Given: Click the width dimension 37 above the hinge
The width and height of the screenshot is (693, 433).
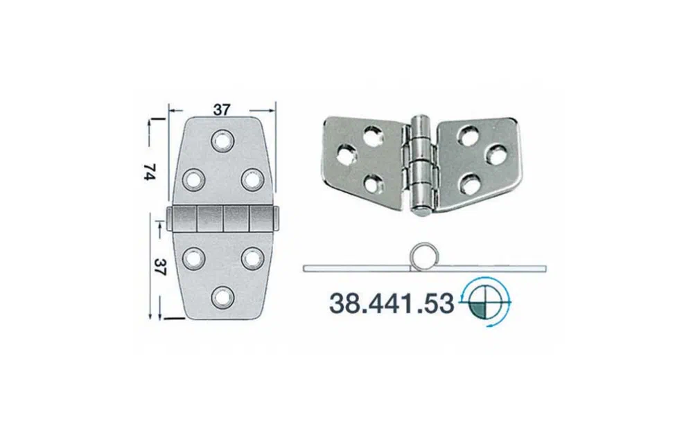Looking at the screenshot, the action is [x=222, y=109].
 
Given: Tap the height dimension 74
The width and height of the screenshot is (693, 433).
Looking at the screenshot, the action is [x=150, y=171].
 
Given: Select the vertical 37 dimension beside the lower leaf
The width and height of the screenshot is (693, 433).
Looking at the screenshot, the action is [x=161, y=267].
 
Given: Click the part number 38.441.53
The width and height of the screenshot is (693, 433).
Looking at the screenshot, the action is [x=392, y=304].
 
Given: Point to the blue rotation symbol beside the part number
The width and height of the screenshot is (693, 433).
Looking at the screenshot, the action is [x=485, y=303].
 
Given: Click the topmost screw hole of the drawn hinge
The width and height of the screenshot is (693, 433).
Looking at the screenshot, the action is [x=222, y=141].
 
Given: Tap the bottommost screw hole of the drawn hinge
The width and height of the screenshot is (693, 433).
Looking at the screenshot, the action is [x=222, y=298].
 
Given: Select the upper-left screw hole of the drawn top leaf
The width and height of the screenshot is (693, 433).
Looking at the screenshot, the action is [x=193, y=180].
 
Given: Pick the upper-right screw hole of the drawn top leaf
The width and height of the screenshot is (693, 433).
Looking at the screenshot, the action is [x=252, y=179].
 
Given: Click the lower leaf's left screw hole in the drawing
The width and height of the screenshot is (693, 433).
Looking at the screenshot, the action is [x=193, y=258].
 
